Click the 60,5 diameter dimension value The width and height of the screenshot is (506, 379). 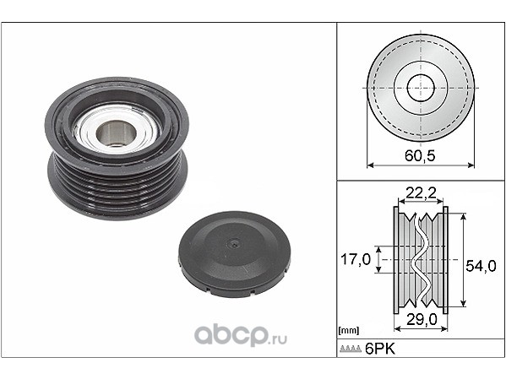tap(420, 155)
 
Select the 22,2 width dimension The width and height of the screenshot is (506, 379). tap(421, 193)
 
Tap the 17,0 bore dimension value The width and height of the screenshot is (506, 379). tap(356, 259)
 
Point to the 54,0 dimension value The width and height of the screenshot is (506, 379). tap(481, 266)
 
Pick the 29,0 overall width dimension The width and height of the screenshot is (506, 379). tap(422, 319)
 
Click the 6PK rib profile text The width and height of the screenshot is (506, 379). tap(380, 349)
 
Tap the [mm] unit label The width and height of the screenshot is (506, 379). tap(349, 330)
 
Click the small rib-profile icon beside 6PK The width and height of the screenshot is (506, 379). tap(351, 349)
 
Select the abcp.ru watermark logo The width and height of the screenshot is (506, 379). tap(241, 335)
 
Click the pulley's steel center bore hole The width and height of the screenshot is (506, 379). tap(117, 133)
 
